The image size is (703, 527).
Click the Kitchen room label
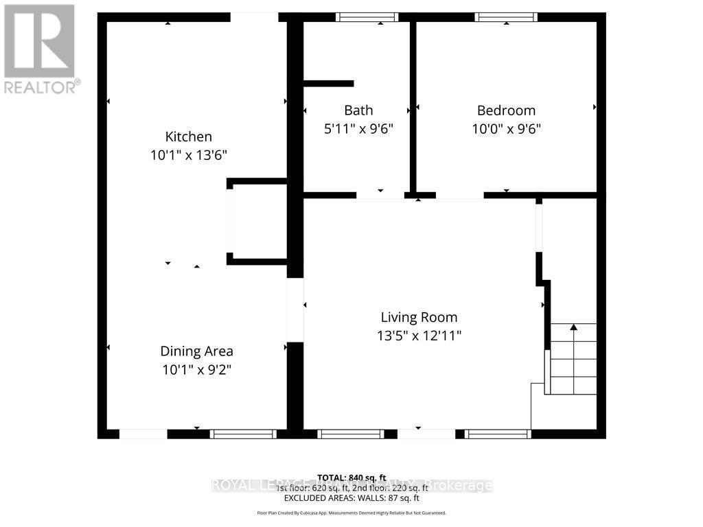[x=188, y=137]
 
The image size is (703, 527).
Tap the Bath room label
[x=358, y=110]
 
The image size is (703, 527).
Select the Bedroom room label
[x=506, y=110]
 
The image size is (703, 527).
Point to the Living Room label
[x=419, y=318]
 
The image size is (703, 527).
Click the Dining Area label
[x=196, y=351]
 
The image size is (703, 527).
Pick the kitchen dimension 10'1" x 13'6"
[x=188, y=155]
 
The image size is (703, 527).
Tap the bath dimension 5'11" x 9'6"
[x=358, y=128]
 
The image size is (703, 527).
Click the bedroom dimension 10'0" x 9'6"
[x=506, y=128]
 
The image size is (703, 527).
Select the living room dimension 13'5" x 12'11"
[x=419, y=336]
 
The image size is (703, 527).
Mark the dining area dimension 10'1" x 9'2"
[x=196, y=370]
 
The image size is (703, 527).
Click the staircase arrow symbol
[x=574, y=329]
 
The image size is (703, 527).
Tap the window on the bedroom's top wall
[x=507, y=17]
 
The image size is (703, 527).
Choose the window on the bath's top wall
[x=367, y=17]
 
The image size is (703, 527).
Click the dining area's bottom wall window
[x=242, y=434]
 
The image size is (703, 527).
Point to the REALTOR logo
[x=40, y=48]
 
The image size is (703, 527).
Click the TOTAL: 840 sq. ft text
[x=351, y=478]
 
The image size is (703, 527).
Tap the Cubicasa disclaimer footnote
[x=351, y=513]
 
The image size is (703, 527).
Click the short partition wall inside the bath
[x=328, y=84]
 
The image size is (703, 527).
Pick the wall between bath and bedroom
[x=413, y=106]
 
